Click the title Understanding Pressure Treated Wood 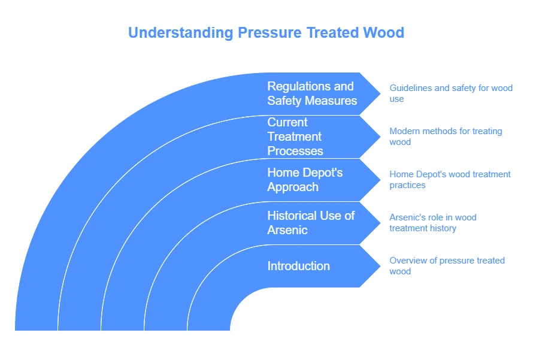266,32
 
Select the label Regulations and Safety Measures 311,93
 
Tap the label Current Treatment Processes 295,137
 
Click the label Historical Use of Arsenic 311,223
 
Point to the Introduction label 298,266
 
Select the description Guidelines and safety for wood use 450,93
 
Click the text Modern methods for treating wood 446,137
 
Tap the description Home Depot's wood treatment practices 450,180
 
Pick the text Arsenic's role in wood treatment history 432,223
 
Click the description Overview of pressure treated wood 447,266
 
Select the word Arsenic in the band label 287,230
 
